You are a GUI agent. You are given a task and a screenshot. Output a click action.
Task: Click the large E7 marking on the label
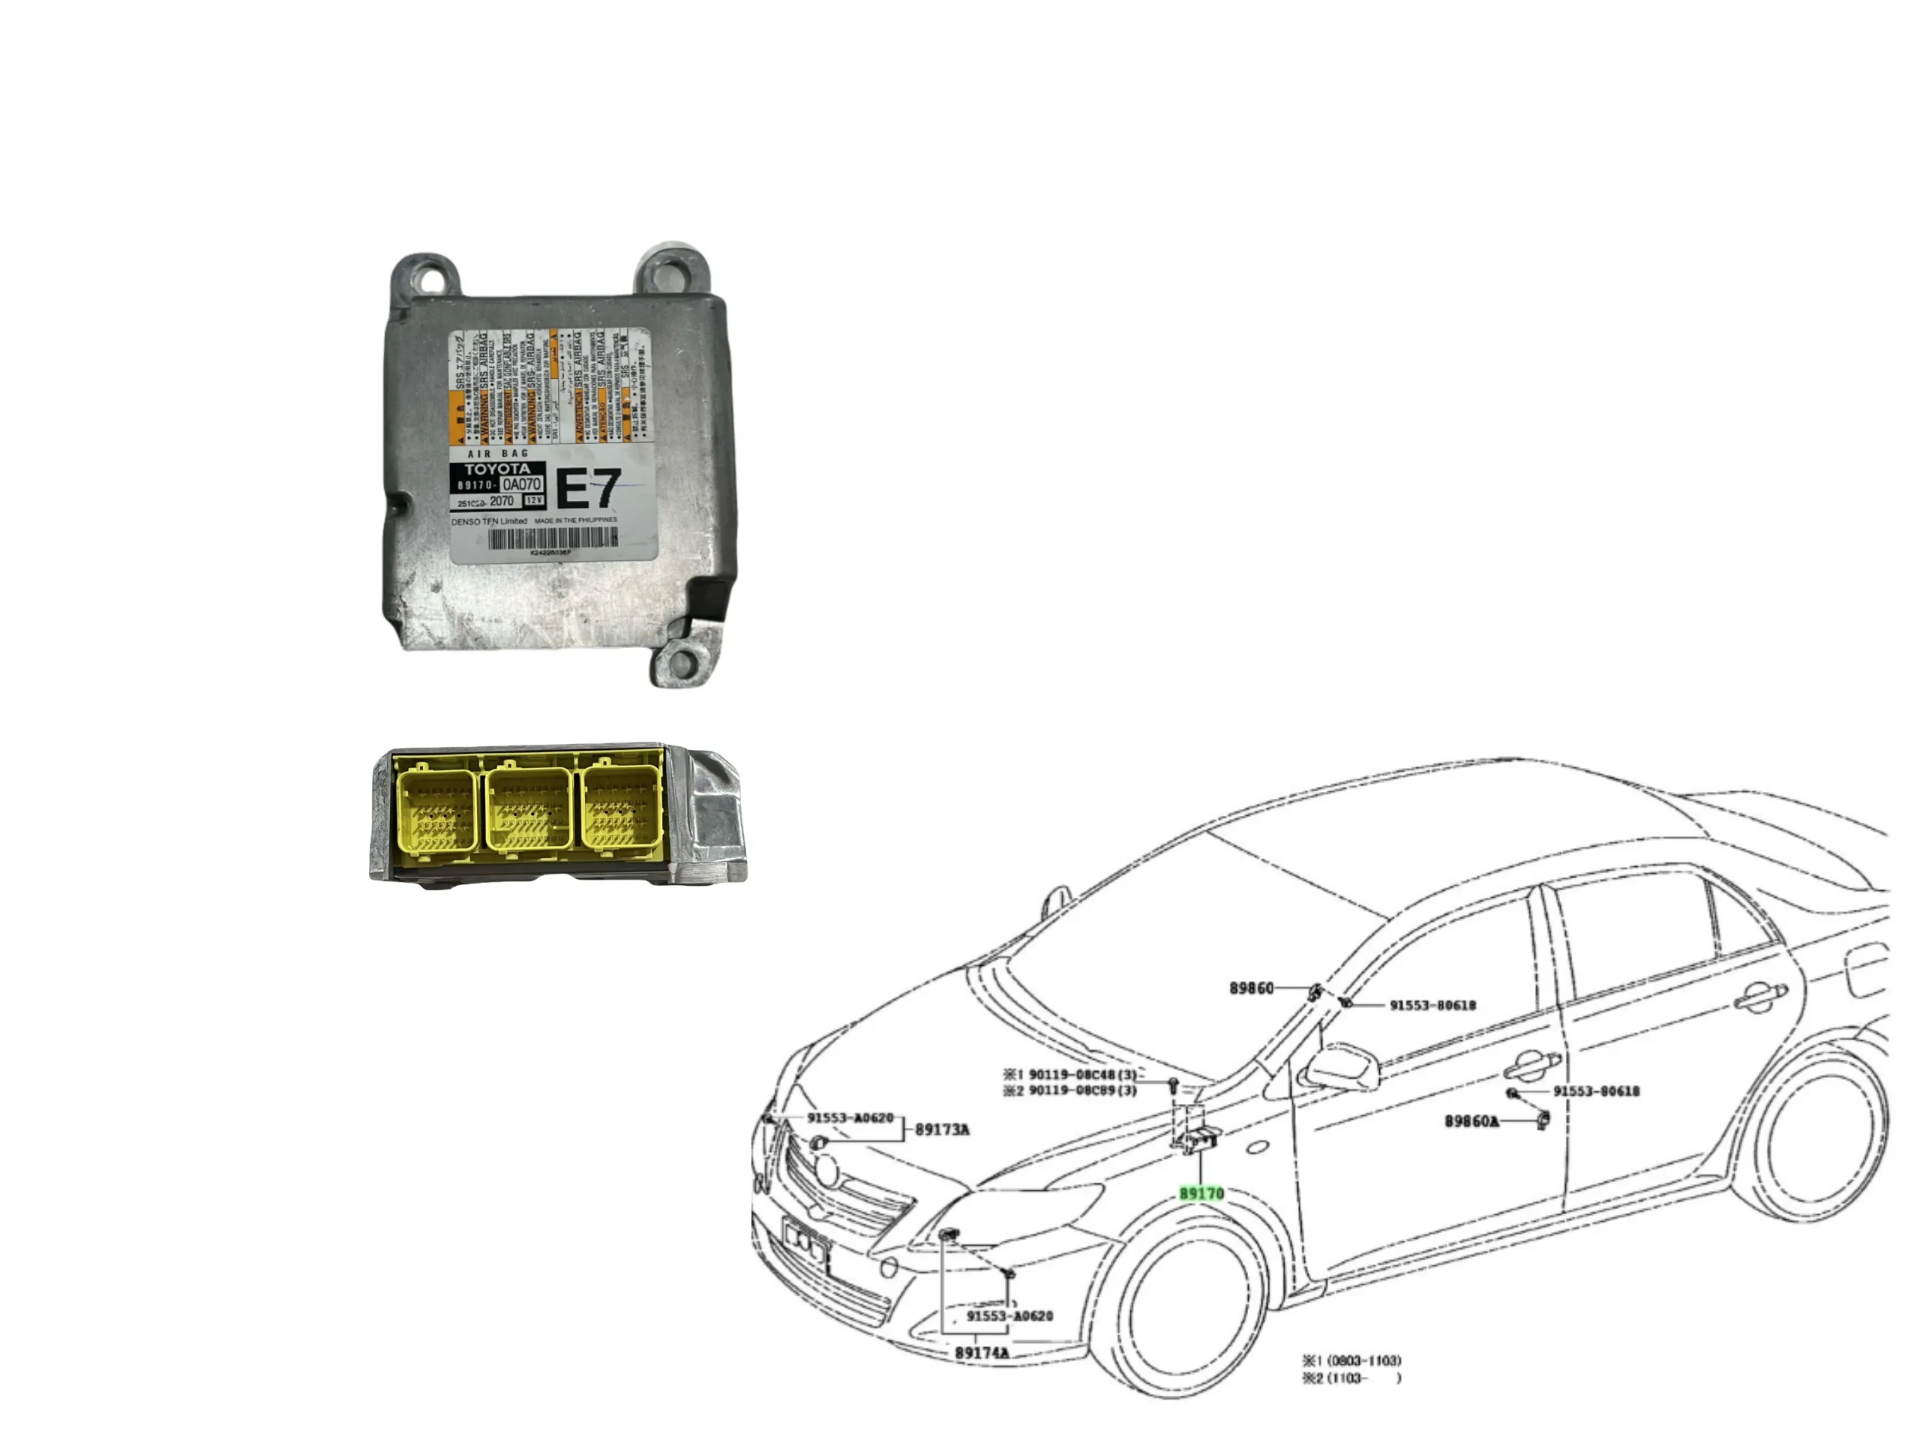pyautogui.click(x=589, y=489)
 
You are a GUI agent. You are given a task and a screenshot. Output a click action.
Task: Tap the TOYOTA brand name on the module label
pyautogui.click(x=496, y=469)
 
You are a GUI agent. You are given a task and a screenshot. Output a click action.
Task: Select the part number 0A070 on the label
pyautogui.click(x=522, y=484)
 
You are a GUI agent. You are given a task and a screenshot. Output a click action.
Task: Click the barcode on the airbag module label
pyautogui.click(x=553, y=538)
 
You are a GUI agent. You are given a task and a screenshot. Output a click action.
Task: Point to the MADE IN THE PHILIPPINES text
pyautogui.click(x=575, y=520)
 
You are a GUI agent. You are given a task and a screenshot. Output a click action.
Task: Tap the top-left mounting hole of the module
pyautogui.click(x=426, y=280)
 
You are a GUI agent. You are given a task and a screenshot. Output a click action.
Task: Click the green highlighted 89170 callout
pyautogui.click(x=1201, y=1193)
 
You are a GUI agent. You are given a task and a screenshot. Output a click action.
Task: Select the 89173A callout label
pyautogui.click(x=942, y=1129)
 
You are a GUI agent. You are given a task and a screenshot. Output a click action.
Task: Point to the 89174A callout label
pyautogui.click(x=982, y=1352)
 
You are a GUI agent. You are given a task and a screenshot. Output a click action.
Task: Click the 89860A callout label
pyautogui.click(x=1471, y=1120)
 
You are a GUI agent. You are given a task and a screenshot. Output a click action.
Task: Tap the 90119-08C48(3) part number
pyautogui.click(x=1081, y=1075)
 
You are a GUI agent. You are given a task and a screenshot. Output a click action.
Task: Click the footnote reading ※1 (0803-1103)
pyautogui.click(x=1351, y=1360)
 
